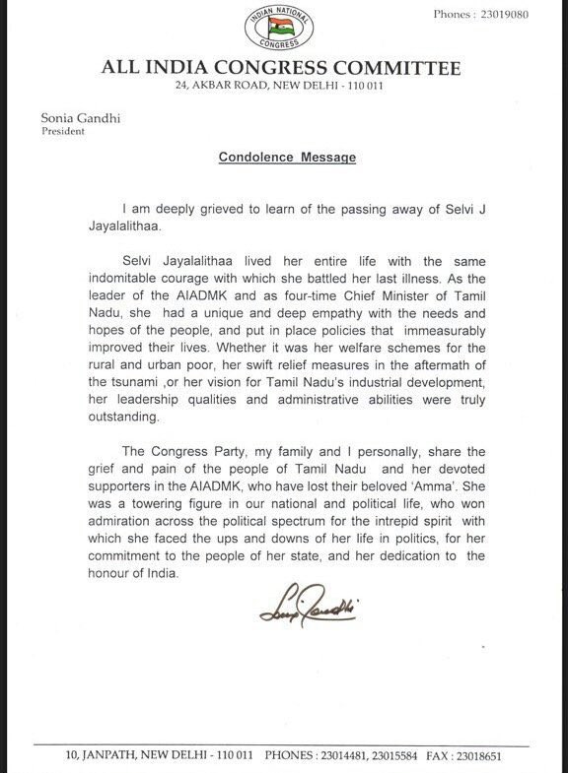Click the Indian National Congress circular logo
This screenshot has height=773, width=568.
(283, 32)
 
